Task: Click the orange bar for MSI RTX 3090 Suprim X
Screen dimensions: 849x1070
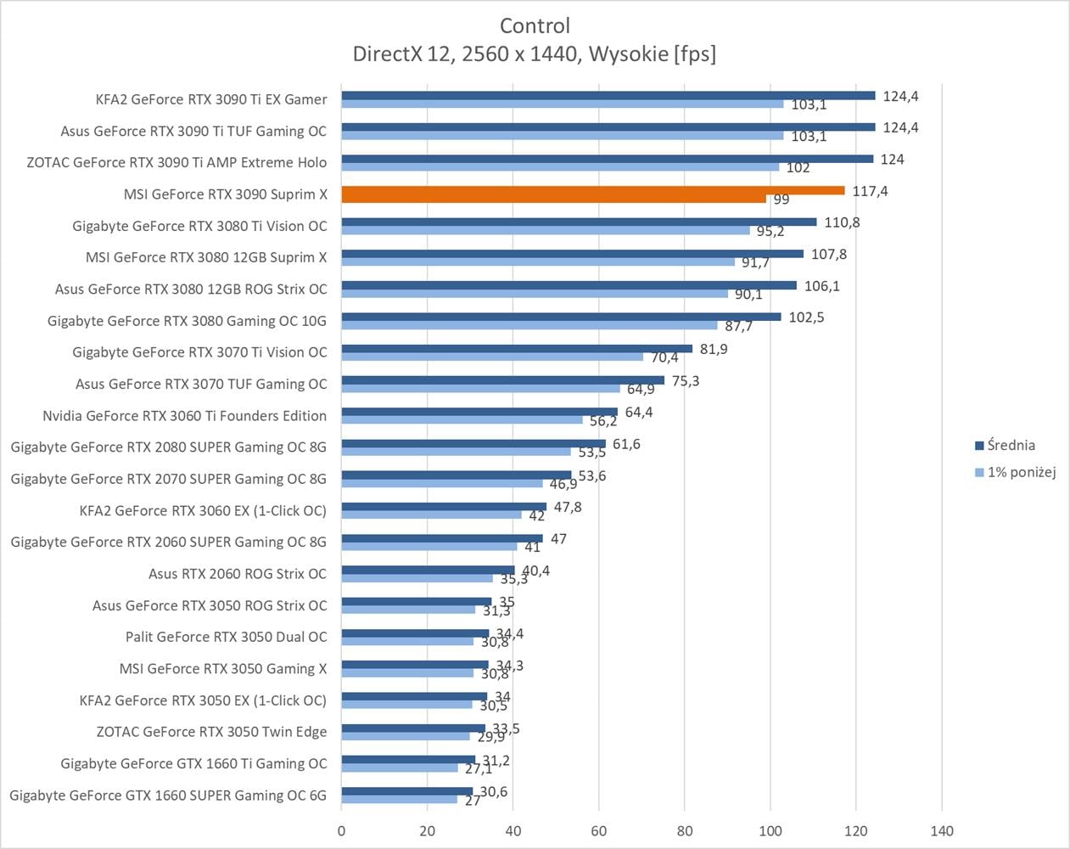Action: tap(592, 191)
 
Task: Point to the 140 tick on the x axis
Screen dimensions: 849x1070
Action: tap(942, 831)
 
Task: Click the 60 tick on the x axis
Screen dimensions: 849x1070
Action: tap(599, 831)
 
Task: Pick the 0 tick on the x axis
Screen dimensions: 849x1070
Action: tap(342, 831)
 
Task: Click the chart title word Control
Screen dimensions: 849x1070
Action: tap(535, 25)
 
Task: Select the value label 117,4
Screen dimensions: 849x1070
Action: tap(870, 191)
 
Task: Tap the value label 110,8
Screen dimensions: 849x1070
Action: tap(842, 222)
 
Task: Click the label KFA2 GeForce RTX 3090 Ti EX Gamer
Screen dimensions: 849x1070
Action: tap(210, 99)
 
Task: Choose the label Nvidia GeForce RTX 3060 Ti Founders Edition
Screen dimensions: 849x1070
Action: tap(184, 415)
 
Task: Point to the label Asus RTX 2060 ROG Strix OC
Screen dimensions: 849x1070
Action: tap(237, 574)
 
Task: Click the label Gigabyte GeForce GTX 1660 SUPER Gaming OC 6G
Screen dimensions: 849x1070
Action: tap(167, 796)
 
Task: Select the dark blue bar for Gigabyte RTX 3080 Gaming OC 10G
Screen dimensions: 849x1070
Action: tap(561, 317)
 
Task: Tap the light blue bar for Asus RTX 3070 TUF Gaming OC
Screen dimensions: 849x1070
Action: tap(480, 389)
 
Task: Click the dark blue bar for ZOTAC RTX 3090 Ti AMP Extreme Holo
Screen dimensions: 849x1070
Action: tap(607, 159)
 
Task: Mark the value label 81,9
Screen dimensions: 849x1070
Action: tap(714, 349)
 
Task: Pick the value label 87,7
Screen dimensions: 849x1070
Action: tap(738, 326)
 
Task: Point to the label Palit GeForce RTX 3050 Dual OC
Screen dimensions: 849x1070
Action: tap(226, 637)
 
